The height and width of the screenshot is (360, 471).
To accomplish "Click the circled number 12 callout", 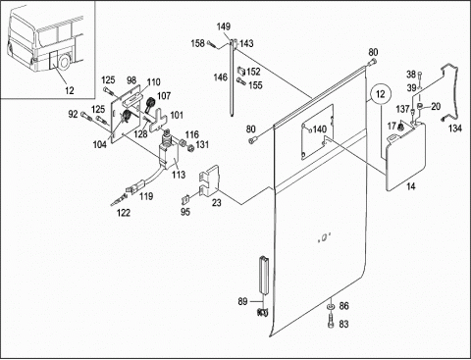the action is tap(381, 94).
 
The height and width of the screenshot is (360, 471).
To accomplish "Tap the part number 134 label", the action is tap(454, 129).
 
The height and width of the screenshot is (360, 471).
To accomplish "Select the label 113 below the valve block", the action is tap(179, 175).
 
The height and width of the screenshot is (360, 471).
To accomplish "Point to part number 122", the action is tap(124, 213).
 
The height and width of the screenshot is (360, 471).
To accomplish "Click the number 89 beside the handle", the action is tap(242, 301).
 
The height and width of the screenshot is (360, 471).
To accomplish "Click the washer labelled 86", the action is tap(331, 306).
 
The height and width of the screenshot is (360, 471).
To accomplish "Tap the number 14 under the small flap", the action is tap(411, 186).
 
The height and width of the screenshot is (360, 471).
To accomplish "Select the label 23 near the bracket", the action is tap(217, 203).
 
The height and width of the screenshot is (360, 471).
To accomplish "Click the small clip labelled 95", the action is tap(185, 199).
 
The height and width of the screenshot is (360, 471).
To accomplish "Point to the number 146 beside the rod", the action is tap(220, 77).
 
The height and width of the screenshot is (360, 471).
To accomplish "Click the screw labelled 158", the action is tap(211, 43).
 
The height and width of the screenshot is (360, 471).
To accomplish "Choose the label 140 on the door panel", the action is tap(320, 129).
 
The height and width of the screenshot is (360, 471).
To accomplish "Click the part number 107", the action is tap(164, 96).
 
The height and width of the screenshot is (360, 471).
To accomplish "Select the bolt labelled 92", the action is tap(84, 115).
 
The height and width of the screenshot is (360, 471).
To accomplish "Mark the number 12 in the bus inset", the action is tap(70, 90).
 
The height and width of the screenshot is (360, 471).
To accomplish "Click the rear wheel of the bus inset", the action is tap(65, 62).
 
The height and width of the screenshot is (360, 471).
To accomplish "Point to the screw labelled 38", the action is tap(420, 76).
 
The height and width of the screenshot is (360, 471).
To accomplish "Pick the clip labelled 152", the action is tap(241, 70).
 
